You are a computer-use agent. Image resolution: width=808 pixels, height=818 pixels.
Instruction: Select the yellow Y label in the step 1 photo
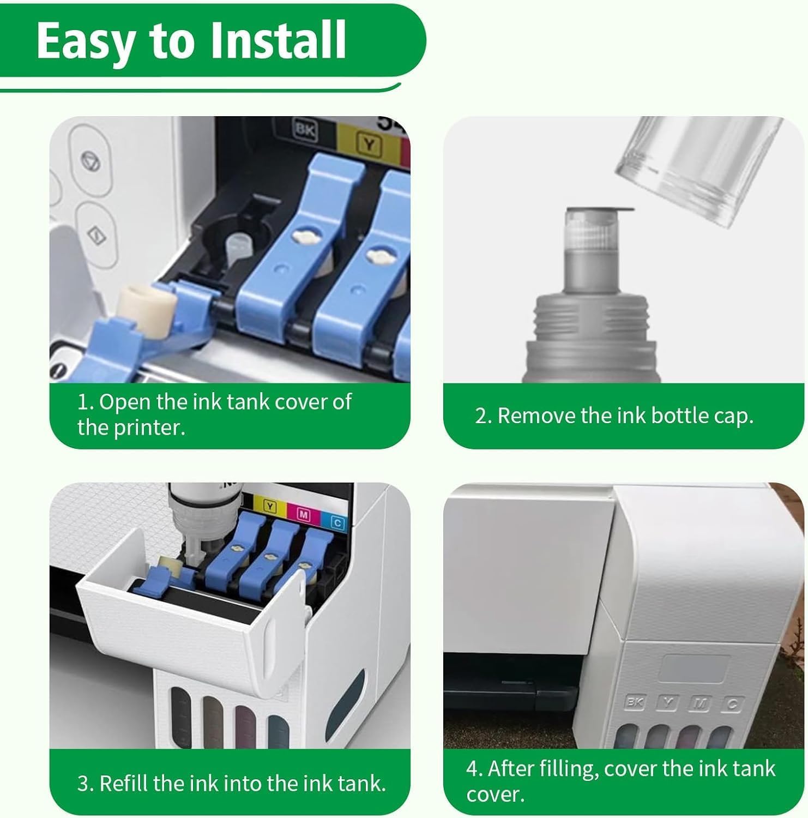[x=369, y=145]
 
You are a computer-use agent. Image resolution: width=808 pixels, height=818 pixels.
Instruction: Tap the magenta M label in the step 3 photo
[x=304, y=514]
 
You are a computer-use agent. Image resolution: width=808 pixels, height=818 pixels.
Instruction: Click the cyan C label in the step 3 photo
[x=337, y=522]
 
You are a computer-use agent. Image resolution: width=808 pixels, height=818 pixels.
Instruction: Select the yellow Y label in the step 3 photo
[x=270, y=506]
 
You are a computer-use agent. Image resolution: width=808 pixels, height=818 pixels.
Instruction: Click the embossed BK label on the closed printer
[x=634, y=702]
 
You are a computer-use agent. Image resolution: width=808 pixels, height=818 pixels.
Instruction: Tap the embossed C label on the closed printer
[x=732, y=705]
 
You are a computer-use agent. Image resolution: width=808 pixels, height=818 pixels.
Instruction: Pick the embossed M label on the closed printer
[x=700, y=704]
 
